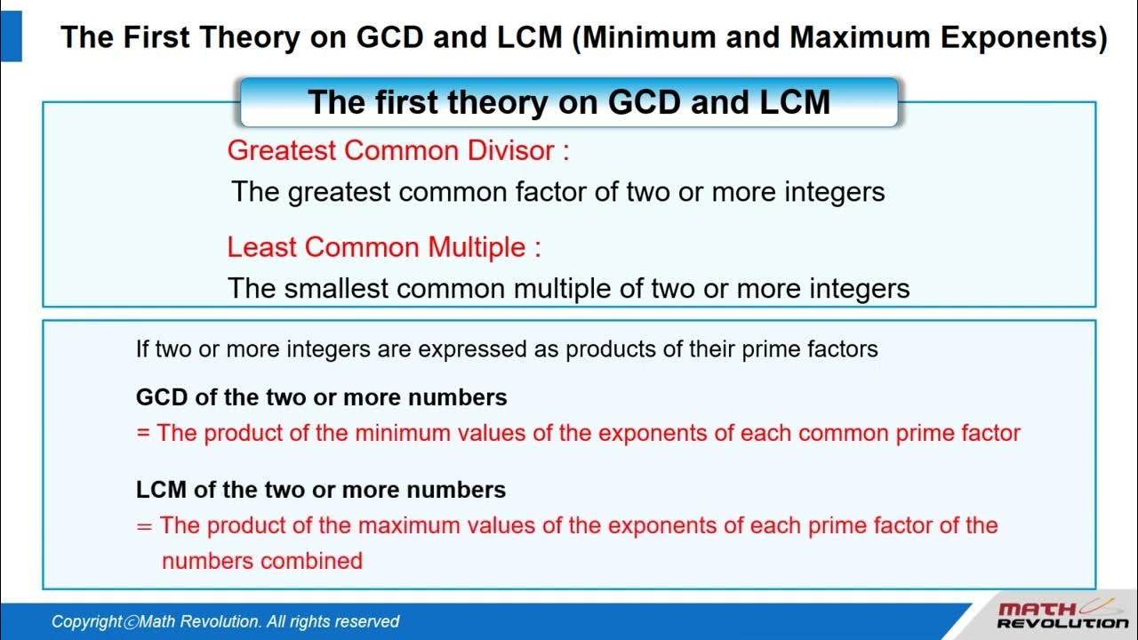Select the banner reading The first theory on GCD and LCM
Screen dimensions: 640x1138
[x=569, y=102]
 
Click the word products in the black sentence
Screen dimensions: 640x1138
[x=609, y=349]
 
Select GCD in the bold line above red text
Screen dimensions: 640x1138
[x=162, y=397]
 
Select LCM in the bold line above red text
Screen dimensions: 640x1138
[x=161, y=490]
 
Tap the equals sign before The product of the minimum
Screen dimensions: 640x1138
[x=143, y=434]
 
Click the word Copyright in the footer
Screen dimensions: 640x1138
[x=86, y=622]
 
